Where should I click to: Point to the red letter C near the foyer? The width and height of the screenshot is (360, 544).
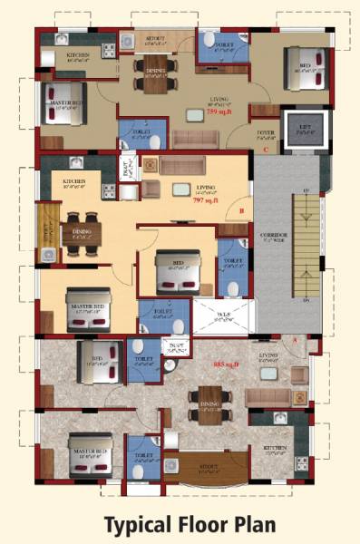265,149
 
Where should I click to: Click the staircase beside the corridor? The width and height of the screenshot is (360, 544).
307,245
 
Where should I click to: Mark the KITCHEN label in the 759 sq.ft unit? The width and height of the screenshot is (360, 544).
79,55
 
